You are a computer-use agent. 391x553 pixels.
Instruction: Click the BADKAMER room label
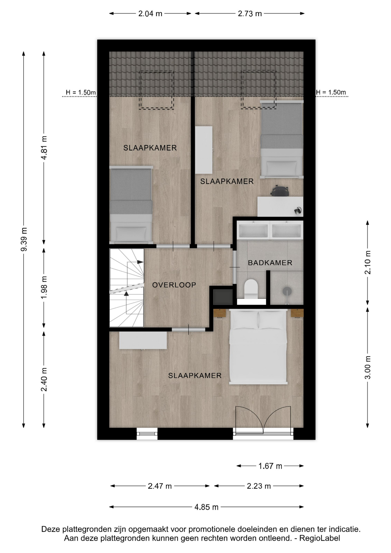tap(270, 263)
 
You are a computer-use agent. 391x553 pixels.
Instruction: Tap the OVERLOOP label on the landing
tap(174, 285)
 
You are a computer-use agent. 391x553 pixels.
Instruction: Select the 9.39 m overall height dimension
tap(24, 239)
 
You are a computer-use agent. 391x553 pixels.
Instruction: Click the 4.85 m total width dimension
tap(206, 507)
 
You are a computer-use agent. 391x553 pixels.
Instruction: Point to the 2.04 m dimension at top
tap(150, 14)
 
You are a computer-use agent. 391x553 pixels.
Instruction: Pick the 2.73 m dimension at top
tap(250, 14)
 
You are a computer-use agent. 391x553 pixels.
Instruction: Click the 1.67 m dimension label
tap(270, 466)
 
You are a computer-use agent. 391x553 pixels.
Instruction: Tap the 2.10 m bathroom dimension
tap(368, 262)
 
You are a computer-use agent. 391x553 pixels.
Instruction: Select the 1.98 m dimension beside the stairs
tap(44, 287)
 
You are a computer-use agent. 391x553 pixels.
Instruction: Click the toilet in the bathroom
tap(251, 289)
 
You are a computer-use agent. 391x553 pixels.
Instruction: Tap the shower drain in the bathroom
tap(287, 291)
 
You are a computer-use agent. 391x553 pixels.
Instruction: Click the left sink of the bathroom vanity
tap(253, 230)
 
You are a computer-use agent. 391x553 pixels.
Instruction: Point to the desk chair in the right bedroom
tap(279, 191)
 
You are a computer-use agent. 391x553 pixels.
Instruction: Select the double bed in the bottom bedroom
tap(258, 347)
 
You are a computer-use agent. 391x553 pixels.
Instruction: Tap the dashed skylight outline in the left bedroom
tap(156, 90)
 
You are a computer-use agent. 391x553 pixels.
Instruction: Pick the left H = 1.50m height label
tap(81, 92)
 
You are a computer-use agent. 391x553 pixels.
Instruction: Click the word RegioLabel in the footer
tap(320, 538)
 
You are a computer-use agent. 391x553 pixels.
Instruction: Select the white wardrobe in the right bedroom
tap(204, 150)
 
